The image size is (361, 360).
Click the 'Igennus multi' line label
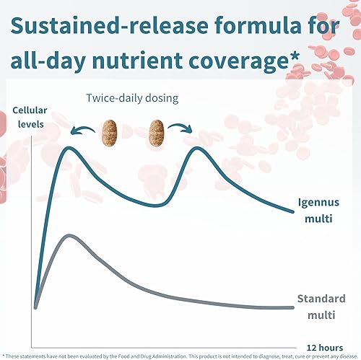pyautogui.click(x=318, y=208)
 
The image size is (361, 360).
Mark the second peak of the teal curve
pyautogui.click(x=197, y=148)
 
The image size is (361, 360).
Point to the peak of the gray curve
pyautogui.click(x=69, y=236)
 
